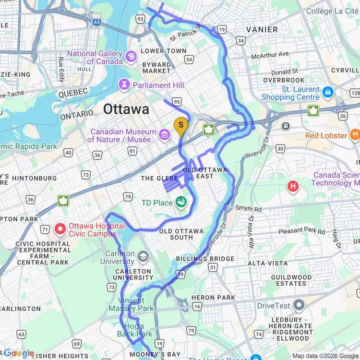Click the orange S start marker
point(180,125)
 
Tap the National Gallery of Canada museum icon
point(131,57)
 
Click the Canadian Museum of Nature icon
point(165,135)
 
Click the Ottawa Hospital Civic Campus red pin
point(60,229)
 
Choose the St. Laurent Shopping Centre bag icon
point(328,91)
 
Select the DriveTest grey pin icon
point(299,305)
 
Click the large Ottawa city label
point(126,109)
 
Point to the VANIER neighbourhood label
point(262,30)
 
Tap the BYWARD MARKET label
point(156,68)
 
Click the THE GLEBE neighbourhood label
point(154,179)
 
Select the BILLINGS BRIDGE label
point(205,259)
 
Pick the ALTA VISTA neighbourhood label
point(268,264)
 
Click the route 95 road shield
point(177,101)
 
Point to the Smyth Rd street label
point(249,209)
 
